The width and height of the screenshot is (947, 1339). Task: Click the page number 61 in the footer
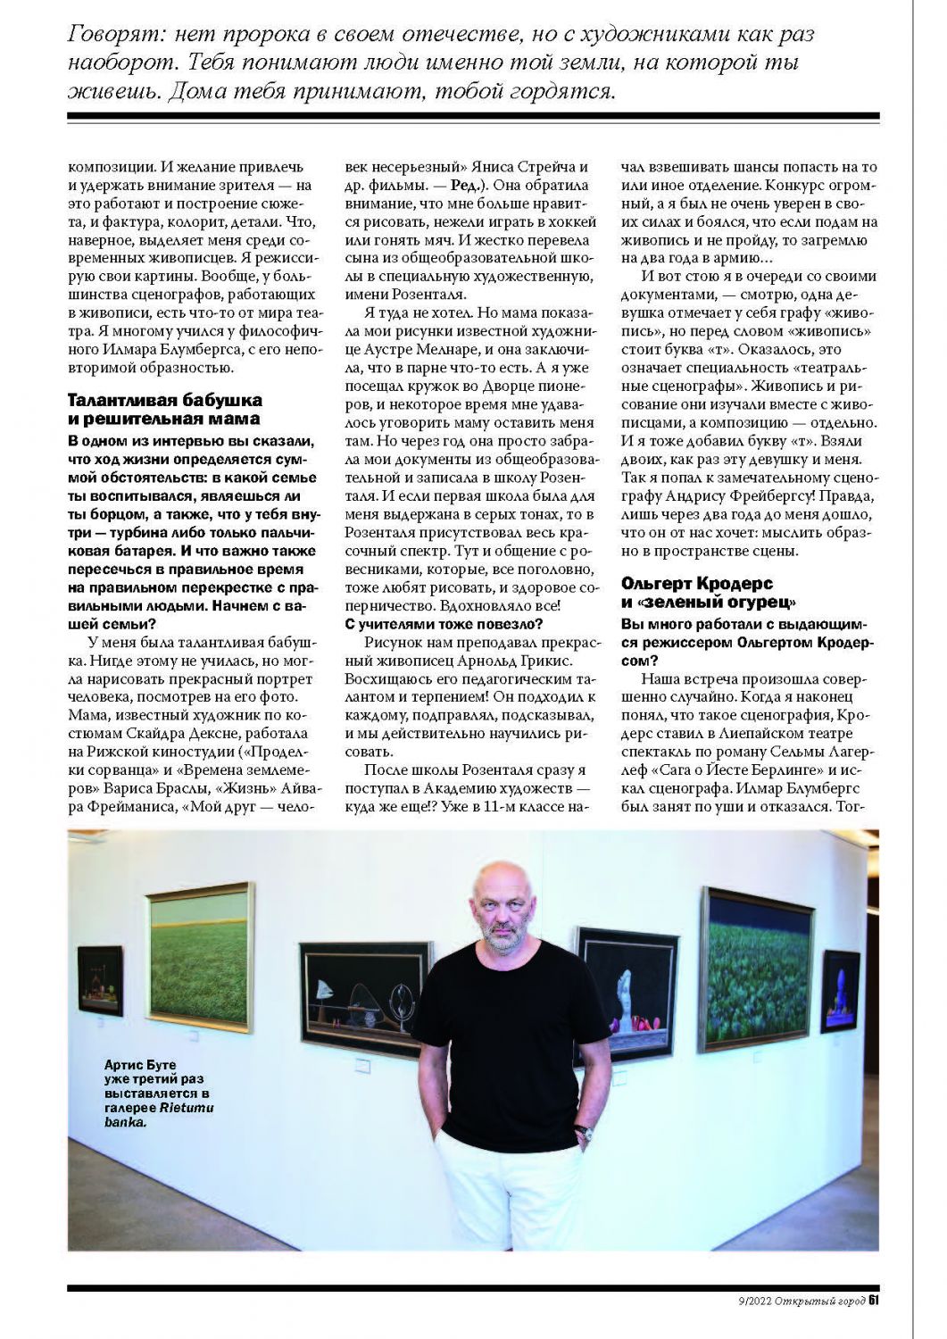point(875,1300)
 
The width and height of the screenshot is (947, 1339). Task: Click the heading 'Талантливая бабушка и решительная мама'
point(165,409)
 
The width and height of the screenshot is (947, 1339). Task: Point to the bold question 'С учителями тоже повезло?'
point(444,623)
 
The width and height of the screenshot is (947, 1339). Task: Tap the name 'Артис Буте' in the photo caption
point(140,1065)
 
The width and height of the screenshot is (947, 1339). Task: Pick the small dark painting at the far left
point(100,979)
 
